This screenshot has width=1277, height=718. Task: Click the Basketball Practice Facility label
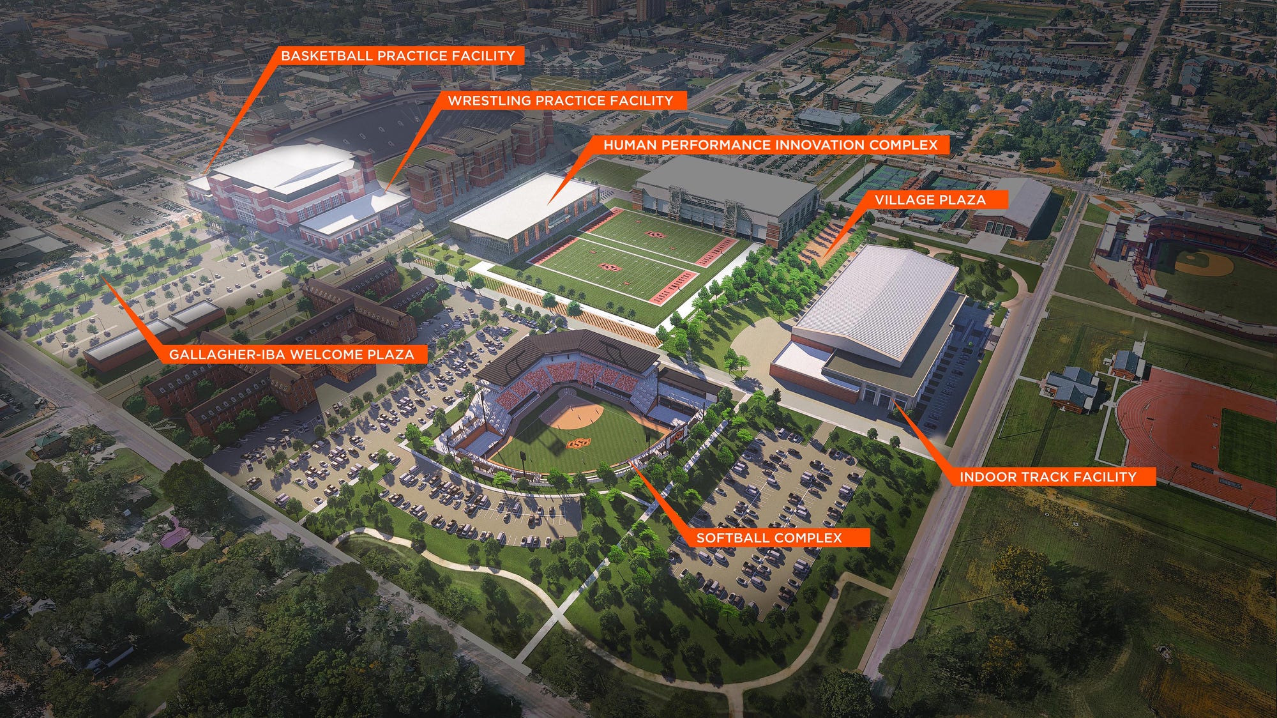pos(398,56)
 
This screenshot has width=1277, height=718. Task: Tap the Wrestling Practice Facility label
pos(560,100)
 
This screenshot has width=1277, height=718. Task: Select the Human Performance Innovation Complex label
pos(770,145)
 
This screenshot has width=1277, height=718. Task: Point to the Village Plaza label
pos(930,200)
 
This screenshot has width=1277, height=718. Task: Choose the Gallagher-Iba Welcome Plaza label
pos(291,355)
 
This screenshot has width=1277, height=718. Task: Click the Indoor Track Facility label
pos(1047,477)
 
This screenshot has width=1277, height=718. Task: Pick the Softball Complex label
pos(769,538)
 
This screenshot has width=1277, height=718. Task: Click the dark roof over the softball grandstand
pos(568,348)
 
